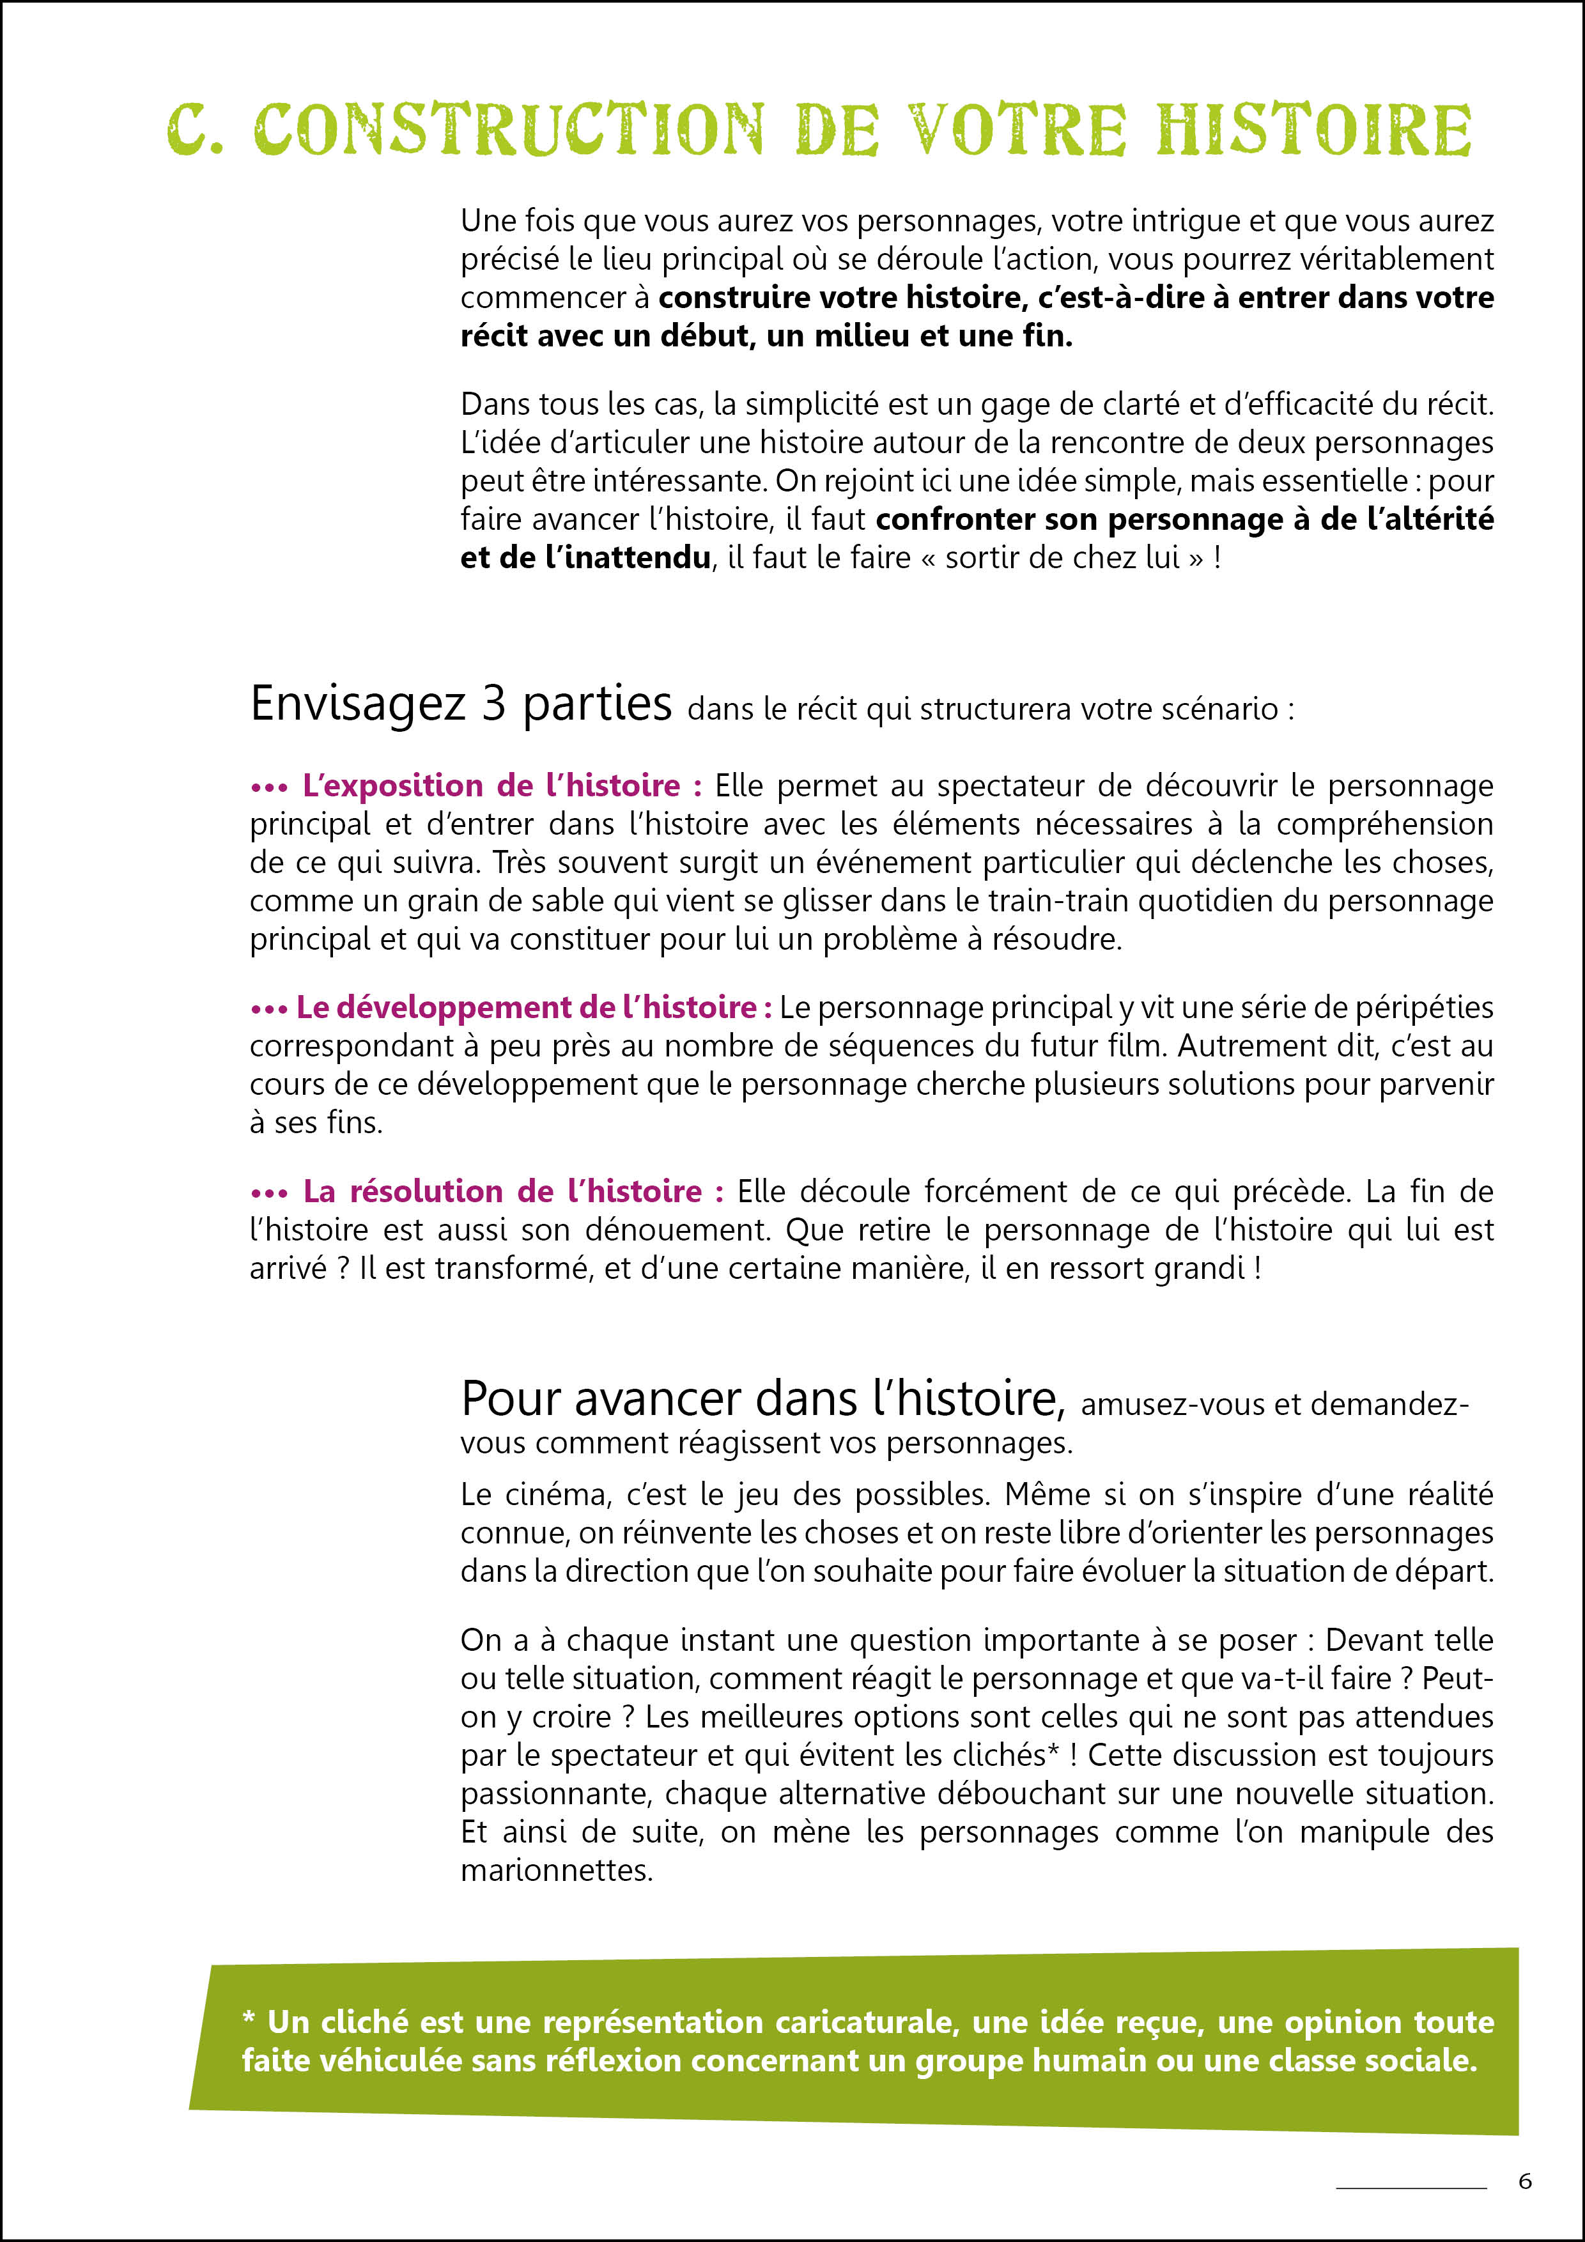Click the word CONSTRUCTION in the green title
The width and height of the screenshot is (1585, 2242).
[x=509, y=129]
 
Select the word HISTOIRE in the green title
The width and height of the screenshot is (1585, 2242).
[x=1313, y=129]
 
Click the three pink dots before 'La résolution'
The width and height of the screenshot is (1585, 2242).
[x=268, y=1193]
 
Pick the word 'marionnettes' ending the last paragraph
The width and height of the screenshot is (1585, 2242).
[x=555, y=1870]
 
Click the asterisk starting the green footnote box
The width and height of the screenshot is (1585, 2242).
[x=249, y=2018]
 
